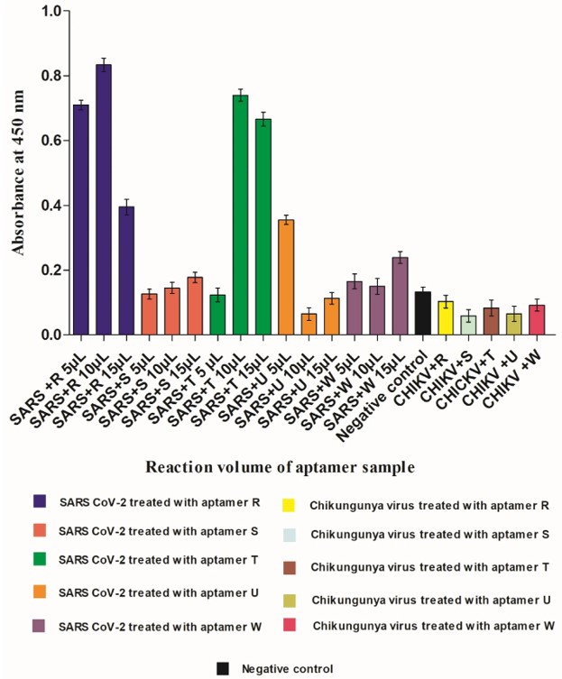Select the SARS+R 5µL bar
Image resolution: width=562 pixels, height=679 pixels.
coord(81,220)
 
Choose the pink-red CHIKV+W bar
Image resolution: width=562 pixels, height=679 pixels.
coord(537,320)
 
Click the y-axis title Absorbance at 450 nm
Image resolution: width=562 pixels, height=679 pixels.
coord(19,173)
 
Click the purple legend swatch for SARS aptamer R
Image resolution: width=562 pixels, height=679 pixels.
coord(39,501)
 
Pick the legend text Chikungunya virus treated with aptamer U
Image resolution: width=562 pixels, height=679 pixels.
coord(430,599)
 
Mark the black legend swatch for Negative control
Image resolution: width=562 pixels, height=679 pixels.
coord(223,668)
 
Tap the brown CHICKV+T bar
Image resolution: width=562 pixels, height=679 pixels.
coord(491,322)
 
